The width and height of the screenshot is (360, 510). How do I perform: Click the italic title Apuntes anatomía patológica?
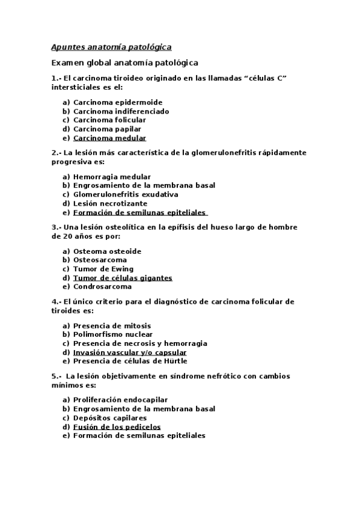coord(111,47)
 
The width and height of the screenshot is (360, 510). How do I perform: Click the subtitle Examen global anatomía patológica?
coord(124,63)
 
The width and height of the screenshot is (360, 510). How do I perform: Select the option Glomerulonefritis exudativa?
coord(126,194)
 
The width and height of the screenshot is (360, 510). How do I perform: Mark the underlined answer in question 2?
coord(140,212)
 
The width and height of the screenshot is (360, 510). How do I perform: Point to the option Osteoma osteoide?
coord(107,251)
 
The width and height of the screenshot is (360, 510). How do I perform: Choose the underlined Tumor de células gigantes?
coord(123,278)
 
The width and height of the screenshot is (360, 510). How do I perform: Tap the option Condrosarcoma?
coord(102,286)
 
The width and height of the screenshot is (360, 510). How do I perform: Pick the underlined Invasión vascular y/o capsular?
coord(130,352)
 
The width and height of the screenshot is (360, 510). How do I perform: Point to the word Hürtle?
coord(175,361)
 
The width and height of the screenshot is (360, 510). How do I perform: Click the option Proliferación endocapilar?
coord(120,399)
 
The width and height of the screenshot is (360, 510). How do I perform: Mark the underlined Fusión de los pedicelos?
coord(117,426)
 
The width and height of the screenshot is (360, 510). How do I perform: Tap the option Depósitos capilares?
coord(110,417)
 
